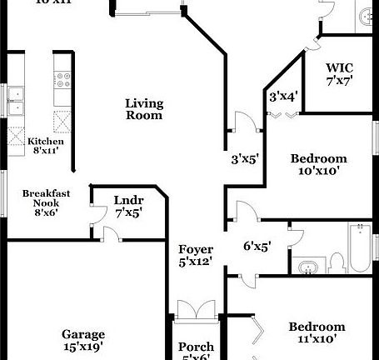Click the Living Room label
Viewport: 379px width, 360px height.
click(143, 109)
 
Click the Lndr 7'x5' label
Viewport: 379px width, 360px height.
click(128, 206)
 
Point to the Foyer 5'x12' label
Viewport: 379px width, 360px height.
click(196, 255)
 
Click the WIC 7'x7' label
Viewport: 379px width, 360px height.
click(340, 72)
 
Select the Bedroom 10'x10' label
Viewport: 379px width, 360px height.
click(317, 164)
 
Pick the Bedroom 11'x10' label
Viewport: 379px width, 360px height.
click(317, 332)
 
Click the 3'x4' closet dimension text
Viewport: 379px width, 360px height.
click(282, 96)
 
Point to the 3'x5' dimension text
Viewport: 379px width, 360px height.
click(246, 158)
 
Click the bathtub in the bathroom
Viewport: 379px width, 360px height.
click(359, 248)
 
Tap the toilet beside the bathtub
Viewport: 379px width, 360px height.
click(337, 262)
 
